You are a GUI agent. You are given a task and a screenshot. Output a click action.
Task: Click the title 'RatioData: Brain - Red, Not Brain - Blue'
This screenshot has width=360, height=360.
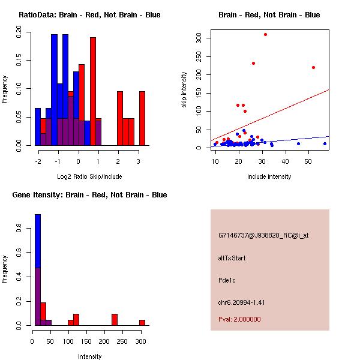(89, 15)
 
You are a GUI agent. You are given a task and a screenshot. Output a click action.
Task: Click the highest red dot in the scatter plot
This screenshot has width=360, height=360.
(265, 34)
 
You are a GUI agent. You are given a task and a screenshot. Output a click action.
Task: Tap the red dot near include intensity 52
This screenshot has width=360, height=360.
(313, 67)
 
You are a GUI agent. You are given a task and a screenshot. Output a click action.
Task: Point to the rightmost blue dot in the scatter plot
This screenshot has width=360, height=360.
(325, 143)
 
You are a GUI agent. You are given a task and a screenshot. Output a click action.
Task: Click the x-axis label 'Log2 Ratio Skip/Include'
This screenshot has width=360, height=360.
(89, 176)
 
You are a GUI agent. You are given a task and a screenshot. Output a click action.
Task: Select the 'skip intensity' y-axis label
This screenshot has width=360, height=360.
(185, 89)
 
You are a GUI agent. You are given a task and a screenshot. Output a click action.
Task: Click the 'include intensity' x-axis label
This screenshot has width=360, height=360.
(269, 176)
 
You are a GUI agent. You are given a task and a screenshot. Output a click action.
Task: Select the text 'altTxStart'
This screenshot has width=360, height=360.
(232, 258)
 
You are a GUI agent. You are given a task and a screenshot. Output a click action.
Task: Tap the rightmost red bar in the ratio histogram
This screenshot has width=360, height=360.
(142, 118)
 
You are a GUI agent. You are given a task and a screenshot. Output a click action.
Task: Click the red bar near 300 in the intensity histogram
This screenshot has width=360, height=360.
(142, 322)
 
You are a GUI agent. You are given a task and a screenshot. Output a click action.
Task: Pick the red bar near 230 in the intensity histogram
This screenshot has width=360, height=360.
(115, 319)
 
